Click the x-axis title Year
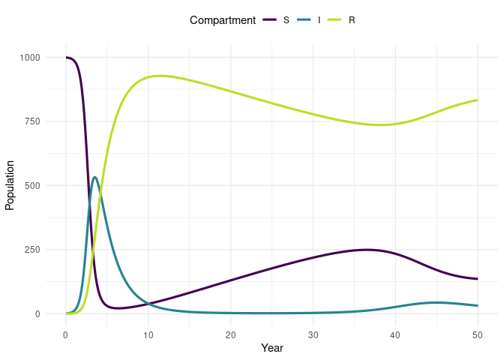click(x=271, y=348)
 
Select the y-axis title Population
click(x=10, y=185)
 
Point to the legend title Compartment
click(x=223, y=20)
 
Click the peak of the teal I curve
click(x=94, y=177)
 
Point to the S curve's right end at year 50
click(x=477, y=279)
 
